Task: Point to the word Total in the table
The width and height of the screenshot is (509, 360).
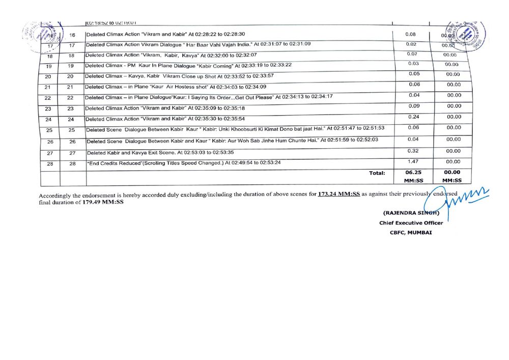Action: (377, 173)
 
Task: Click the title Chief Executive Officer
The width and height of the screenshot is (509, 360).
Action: (411, 223)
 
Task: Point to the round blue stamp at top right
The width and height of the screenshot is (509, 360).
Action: (465, 35)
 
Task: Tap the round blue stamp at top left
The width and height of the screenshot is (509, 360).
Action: (43, 36)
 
